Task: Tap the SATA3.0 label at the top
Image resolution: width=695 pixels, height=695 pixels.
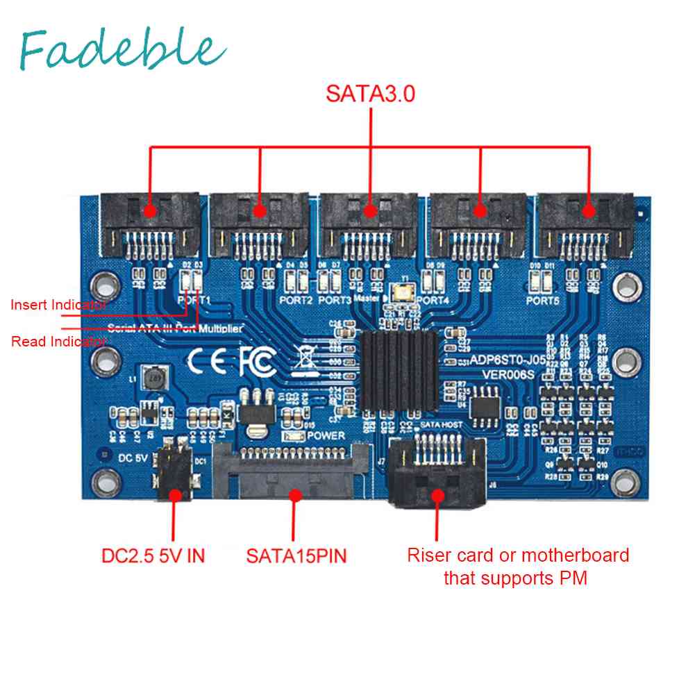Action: [x=371, y=94]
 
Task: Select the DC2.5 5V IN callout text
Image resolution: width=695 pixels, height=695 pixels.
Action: [x=153, y=556]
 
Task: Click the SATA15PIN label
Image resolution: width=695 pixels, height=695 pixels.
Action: [x=296, y=556]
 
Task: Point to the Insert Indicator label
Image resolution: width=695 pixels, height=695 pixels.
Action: [x=58, y=304]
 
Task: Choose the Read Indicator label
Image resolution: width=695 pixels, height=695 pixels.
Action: [x=59, y=341]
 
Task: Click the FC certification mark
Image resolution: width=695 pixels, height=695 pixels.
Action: [x=257, y=360]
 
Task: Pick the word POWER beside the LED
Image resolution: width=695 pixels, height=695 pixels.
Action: [x=325, y=436]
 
